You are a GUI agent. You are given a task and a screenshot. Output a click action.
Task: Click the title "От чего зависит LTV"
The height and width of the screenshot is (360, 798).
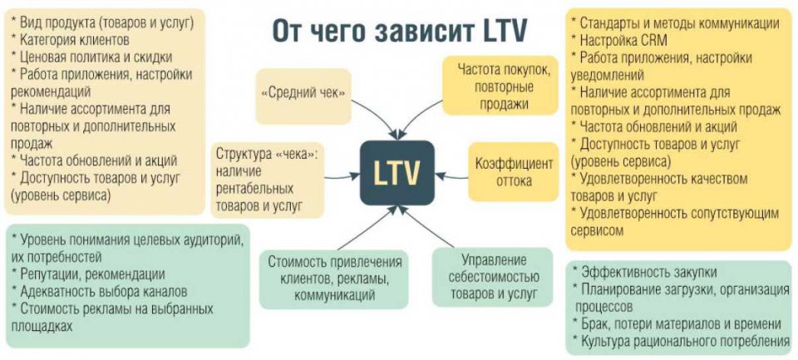[399, 32]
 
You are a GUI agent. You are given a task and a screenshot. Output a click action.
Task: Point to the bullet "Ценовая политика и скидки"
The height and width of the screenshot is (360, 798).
[91, 57]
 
